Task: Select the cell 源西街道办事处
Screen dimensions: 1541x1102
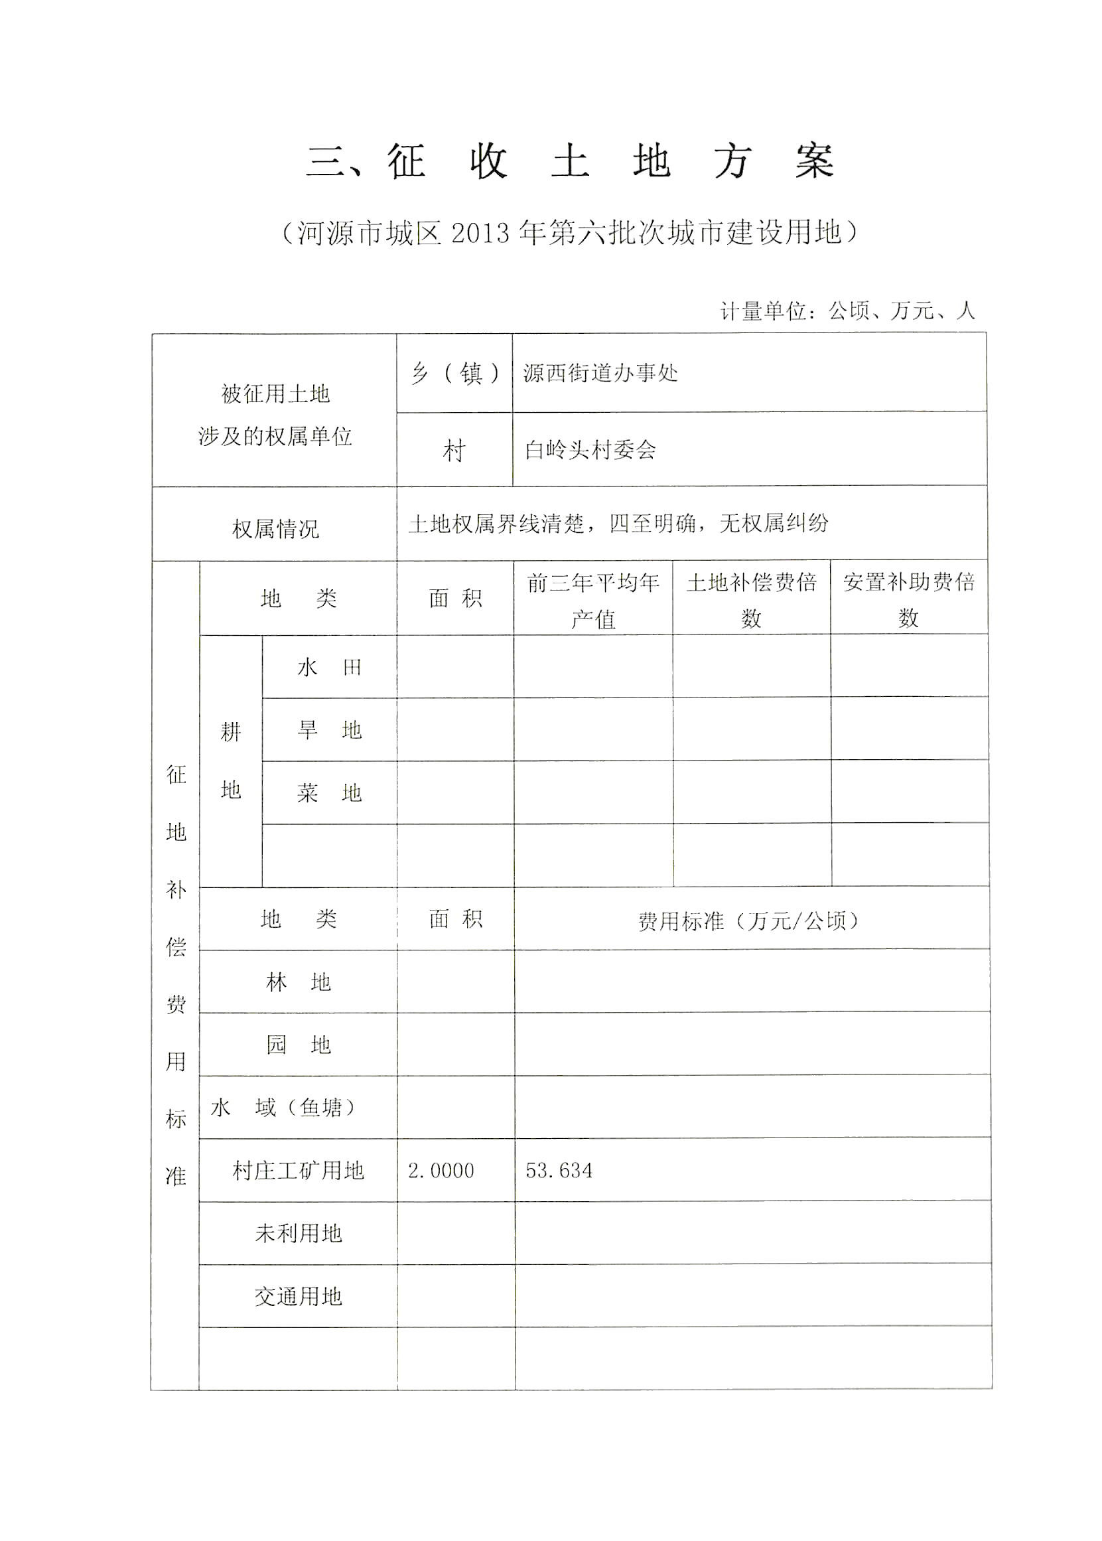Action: pos(600,373)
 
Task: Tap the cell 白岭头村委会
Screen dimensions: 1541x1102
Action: pos(590,449)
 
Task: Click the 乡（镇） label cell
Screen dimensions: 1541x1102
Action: pos(454,373)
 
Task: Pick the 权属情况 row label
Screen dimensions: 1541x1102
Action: pos(275,529)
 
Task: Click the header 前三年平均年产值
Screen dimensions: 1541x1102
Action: pos(592,599)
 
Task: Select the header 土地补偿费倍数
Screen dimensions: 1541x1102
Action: pos(751,599)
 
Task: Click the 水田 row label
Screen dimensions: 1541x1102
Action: pos(329,668)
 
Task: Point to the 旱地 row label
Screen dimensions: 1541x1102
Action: pos(329,731)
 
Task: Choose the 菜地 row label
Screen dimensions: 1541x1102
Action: pos(329,793)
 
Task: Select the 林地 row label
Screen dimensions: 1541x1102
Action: pos(298,982)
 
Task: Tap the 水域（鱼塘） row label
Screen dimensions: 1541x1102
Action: pos(284,1108)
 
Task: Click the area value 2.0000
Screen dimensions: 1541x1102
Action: pos(441,1170)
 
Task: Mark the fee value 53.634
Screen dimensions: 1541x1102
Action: pos(559,1170)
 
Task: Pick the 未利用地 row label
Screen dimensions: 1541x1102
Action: pos(298,1234)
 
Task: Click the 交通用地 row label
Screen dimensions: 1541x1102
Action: pos(298,1297)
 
